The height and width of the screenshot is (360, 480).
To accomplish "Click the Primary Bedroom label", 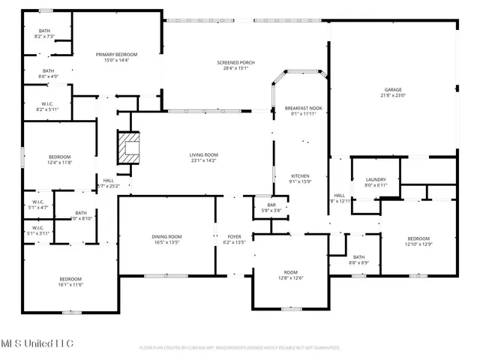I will point(115,55).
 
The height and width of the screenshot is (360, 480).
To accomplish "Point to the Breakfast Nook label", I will point(302,109).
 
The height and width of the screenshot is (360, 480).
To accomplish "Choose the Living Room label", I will point(203,154).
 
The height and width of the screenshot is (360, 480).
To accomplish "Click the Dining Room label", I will point(169,236).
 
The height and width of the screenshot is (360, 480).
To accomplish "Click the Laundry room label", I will point(376,180).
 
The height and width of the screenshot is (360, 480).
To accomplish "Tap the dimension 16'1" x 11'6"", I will point(70,284).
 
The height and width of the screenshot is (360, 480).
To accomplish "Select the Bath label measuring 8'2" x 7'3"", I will point(45,31).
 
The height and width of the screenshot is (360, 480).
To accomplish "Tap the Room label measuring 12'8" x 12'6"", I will point(290,272).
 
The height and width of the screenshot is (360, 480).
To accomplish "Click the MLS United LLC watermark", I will point(37,343).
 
